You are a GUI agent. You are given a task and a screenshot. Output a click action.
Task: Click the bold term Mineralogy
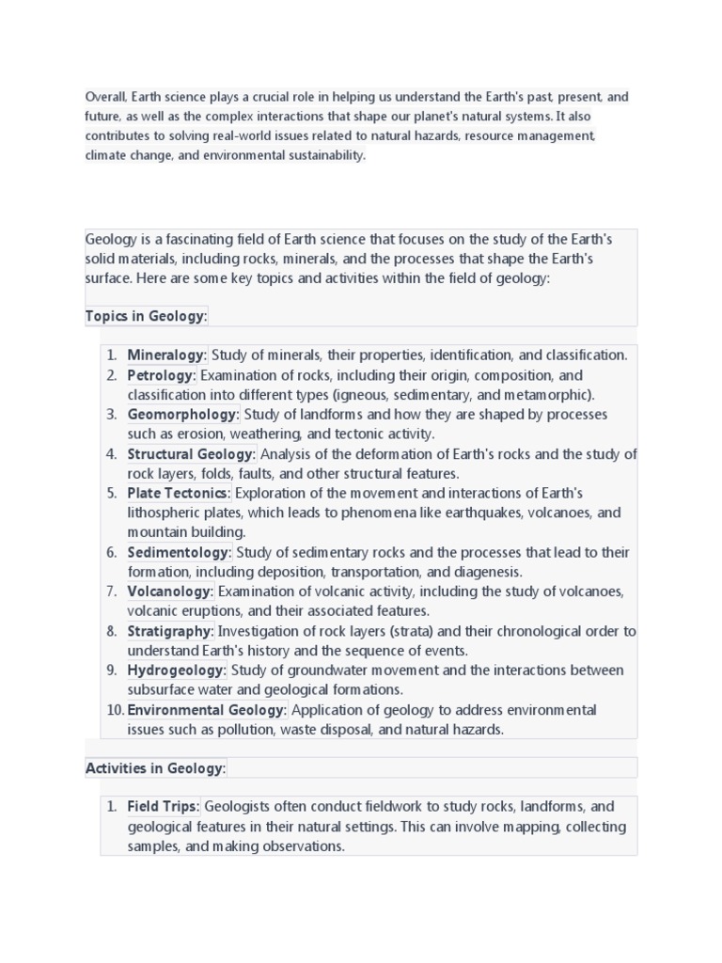[165, 355]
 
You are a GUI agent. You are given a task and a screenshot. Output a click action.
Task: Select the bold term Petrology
[161, 375]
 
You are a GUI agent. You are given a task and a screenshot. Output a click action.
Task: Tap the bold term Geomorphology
[182, 415]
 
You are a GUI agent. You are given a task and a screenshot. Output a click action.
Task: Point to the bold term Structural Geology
[191, 454]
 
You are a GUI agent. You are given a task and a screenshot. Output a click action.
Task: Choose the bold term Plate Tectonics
[178, 494]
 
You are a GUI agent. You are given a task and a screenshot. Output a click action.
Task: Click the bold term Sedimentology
[179, 552]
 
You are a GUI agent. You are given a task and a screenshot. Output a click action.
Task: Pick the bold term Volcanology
[170, 592]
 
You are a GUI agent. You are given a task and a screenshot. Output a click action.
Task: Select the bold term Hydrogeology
[177, 671]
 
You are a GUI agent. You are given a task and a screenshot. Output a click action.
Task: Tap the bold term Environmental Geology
[206, 710]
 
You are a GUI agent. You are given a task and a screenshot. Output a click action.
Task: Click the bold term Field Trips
[163, 807]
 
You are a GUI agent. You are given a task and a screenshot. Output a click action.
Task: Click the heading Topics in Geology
[146, 316]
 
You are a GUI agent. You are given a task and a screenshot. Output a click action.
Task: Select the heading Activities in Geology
[155, 768]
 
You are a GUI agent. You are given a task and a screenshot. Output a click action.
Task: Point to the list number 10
[114, 710]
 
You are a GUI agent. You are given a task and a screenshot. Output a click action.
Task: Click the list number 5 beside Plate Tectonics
[111, 494]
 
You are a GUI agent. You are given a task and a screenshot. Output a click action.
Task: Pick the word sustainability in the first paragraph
[322, 155]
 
